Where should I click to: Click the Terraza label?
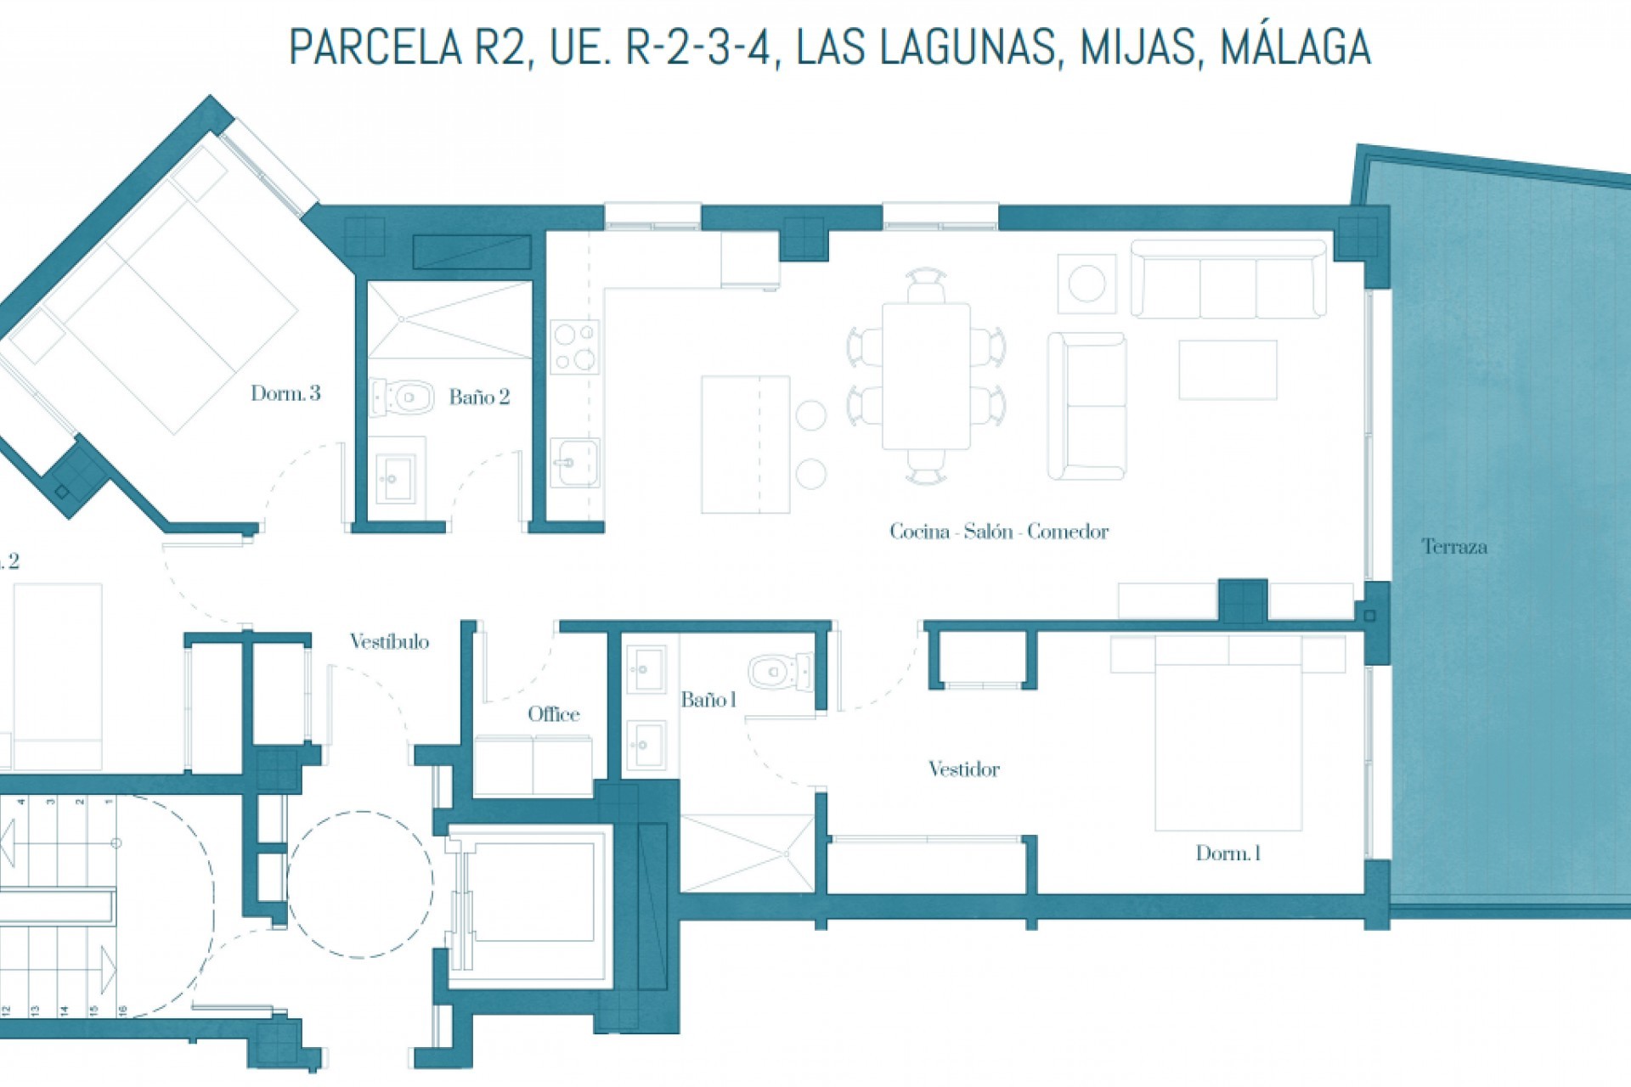click(1453, 547)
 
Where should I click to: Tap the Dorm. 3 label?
click(285, 393)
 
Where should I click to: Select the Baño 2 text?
click(479, 397)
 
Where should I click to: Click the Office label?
click(554, 714)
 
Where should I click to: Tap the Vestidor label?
click(963, 769)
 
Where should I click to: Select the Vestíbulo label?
click(389, 642)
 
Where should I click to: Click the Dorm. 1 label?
click(1227, 853)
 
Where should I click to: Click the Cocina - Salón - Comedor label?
click(999, 532)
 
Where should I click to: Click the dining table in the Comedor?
click(926, 376)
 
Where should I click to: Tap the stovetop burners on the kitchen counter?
click(574, 346)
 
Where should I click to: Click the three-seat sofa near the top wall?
click(1227, 280)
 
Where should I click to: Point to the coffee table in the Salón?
click(1227, 369)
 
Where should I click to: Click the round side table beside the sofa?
click(1086, 284)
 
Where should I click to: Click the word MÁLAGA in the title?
click(1295, 48)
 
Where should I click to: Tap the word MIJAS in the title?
click(1138, 48)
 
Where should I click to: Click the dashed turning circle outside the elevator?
click(361, 885)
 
